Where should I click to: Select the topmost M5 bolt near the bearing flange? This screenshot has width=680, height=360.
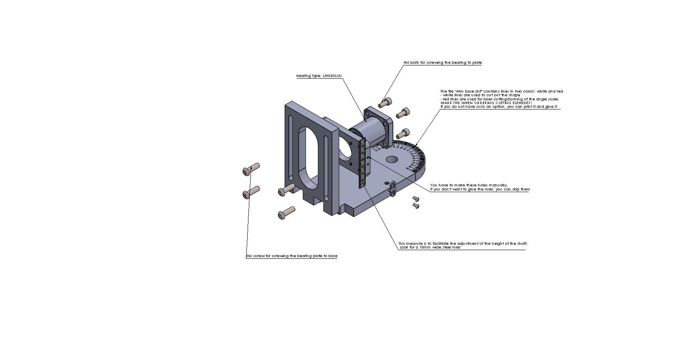click(385, 102)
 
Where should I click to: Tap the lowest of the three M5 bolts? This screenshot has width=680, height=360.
click(403, 133)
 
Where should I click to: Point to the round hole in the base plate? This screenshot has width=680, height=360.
click(392, 159)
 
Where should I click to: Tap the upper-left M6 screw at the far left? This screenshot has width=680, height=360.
click(251, 169)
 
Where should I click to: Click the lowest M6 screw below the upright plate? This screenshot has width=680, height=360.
click(286, 213)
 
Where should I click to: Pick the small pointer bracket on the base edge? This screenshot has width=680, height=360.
click(392, 188)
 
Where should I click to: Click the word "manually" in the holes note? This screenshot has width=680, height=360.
click(499, 185)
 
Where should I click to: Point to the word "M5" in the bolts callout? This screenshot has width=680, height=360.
click(406, 63)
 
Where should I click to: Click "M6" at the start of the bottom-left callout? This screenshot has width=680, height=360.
click(249, 256)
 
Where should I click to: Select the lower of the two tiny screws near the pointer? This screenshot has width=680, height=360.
click(416, 205)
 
